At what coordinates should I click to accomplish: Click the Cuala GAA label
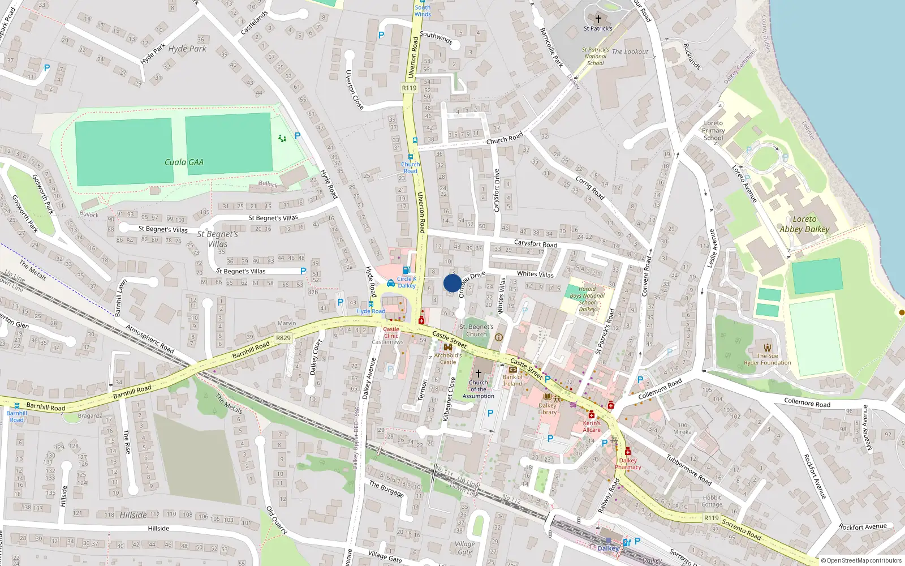click(x=184, y=162)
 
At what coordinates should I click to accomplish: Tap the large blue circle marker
click(x=453, y=283)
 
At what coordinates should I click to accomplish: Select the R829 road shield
click(x=283, y=338)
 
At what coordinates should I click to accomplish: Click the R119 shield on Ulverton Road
click(x=409, y=88)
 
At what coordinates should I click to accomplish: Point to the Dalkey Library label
click(x=547, y=409)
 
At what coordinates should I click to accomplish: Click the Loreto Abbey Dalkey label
click(x=804, y=224)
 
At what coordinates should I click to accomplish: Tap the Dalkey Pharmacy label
click(x=628, y=464)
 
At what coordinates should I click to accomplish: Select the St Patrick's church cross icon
click(x=598, y=19)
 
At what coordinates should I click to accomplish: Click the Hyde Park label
click(x=187, y=49)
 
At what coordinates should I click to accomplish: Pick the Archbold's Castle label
click(x=448, y=359)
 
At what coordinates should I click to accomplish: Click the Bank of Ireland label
click(x=513, y=380)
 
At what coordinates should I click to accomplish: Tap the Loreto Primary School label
click(x=713, y=130)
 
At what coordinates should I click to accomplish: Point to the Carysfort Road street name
click(x=535, y=244)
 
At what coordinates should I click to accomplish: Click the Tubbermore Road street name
click(x=688, y=470)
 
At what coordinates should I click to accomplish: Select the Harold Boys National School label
click(x=587, y=299)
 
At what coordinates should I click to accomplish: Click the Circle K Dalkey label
click(x=407, y=282)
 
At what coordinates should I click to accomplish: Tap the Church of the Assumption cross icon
click(x=478, y=373)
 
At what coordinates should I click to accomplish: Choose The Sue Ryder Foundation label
click(x=768, y=359)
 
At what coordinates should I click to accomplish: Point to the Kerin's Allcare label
click(x=592, y=426)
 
